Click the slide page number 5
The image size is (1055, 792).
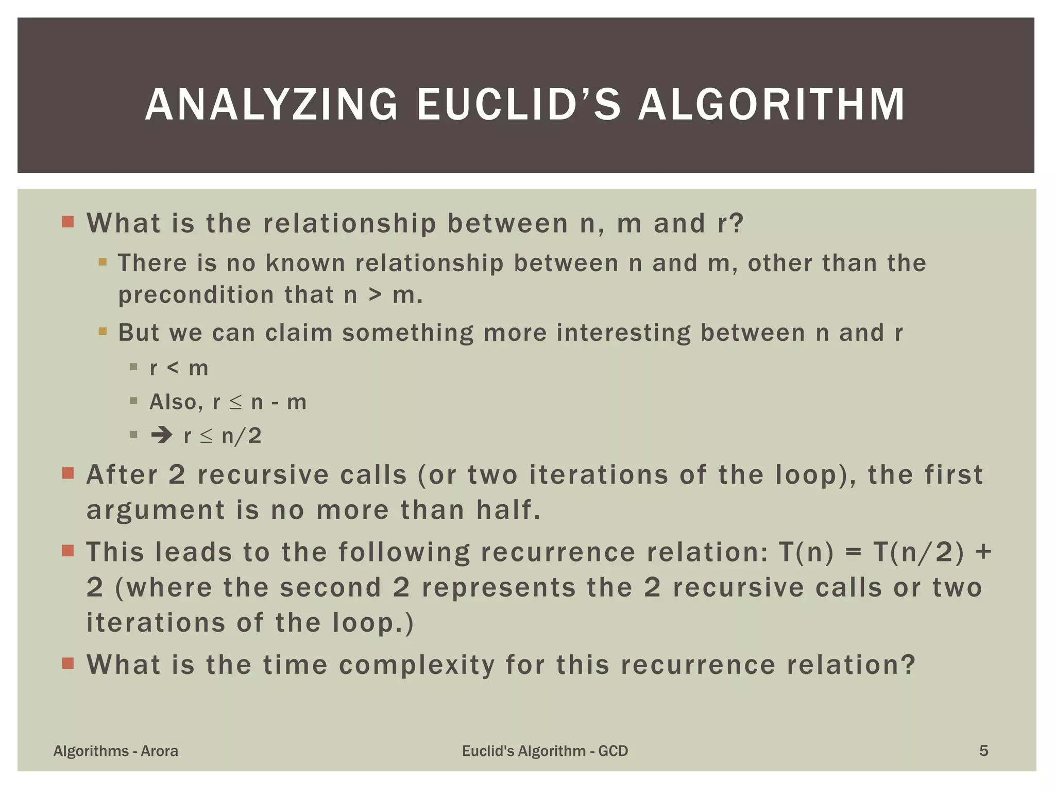983,751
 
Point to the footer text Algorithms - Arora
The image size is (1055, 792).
116,751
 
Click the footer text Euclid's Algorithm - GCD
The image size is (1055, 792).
545,751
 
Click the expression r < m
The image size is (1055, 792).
179,368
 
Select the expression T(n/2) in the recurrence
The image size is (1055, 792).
918,552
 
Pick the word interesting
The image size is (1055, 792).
623,333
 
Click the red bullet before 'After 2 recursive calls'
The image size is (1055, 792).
68,473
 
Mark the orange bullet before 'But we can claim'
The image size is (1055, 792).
103,331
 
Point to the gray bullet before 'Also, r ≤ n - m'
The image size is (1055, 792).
134,401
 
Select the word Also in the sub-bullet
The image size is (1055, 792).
173,402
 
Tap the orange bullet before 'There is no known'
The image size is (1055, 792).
103,262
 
